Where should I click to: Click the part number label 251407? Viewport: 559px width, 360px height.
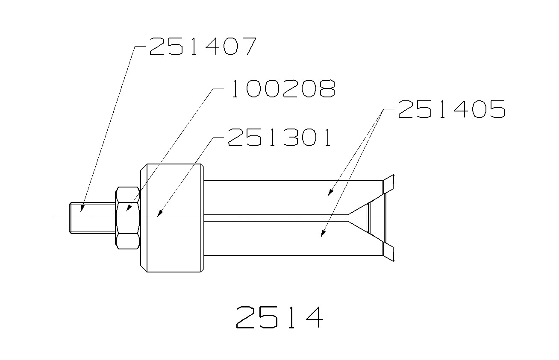coord(202,47)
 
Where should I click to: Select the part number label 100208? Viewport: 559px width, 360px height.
coord(282,89)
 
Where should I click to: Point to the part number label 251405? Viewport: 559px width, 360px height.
coord(451,109)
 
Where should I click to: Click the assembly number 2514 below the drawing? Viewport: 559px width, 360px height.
coord(279,317)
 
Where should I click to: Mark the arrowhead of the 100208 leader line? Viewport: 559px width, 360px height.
coord(127,210)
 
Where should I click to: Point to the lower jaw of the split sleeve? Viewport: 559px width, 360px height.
coord(291,238)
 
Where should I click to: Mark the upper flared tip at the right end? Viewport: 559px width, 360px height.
coord(389,182)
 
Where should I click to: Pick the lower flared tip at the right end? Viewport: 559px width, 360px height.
coord(389,252)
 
